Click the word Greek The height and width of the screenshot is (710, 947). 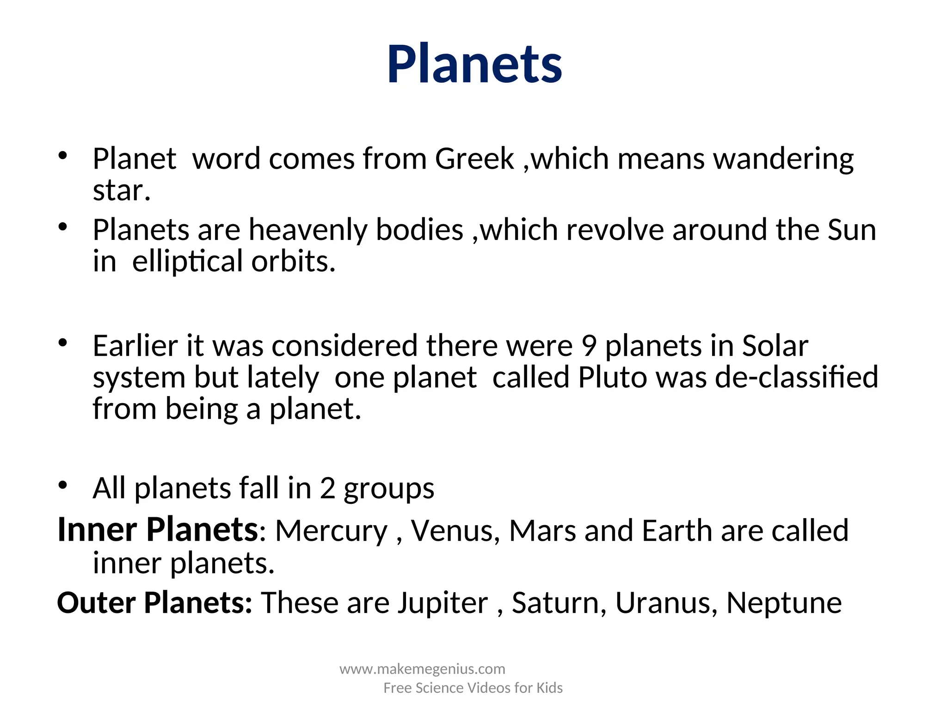[x=474, y=159]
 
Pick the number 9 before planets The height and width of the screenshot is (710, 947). [x=589, y=346]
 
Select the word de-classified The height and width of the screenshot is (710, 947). [x=796, y=377]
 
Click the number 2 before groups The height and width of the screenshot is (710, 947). [x=327, y=488]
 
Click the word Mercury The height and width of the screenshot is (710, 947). [x=331, y=531]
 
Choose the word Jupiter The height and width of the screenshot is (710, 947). [x=443, y=603]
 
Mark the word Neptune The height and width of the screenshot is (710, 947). [x=784, y=604]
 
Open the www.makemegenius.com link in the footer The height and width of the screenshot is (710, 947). [x=422, y=669]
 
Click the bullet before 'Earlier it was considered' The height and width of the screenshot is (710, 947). [x=63, y=343]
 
